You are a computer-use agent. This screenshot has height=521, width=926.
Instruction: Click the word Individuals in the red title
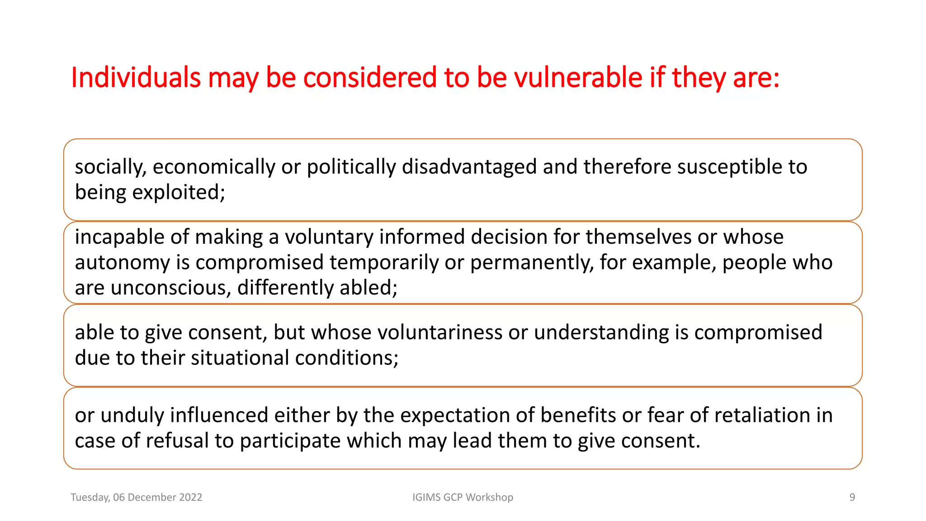136,77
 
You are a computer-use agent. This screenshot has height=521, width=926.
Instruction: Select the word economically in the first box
214,167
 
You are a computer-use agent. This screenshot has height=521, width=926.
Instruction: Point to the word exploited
178,193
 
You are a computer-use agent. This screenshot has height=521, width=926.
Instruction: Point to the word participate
290,441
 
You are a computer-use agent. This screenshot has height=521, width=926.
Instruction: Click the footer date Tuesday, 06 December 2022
136,497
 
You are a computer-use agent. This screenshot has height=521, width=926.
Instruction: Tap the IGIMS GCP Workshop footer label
463,497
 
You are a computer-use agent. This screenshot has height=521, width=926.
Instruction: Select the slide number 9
852,497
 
